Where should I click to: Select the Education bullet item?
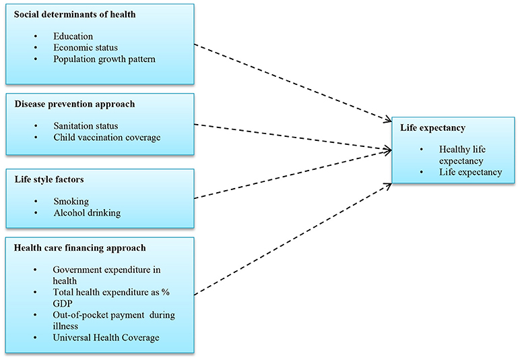[x=73, y=36]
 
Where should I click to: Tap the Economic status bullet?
[x=86, y=47]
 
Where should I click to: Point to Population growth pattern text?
[x=104, y=59]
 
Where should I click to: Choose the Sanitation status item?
[x=86, y=126]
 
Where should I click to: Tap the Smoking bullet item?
[x=71, y=201]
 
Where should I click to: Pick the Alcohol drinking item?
[x=87, y=212]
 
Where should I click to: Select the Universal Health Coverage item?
[x=106, y=336]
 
